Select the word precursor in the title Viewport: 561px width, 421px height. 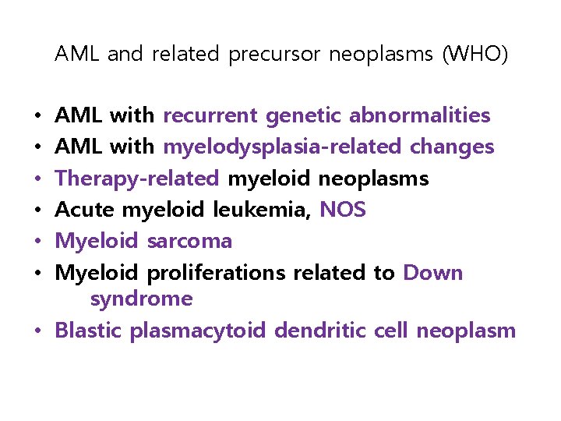pyautogui.click(x=275, y=55)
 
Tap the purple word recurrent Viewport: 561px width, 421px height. pyautogui.click(x=210, y=116)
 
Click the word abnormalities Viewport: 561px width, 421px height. pyautogui.click(x=419, y=116)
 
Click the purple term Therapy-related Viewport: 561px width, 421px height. pyautogui.click(x=137, y=179)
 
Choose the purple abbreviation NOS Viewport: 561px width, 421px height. pyautogui.click(x=343, y=210)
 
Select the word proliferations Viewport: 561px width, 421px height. pyautogui.click(x=217, y=273)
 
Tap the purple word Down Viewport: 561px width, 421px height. pyautogui.click(x=433, y=273)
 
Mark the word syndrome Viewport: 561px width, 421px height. pyautogui.click(x=141, y=299)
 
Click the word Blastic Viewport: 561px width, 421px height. pyautogui.click(x=89, y=331)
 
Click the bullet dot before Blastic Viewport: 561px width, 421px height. pyautogui.click(x=38, y=331)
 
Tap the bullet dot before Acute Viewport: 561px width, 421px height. pyautogui.click(x=38, y=210)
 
